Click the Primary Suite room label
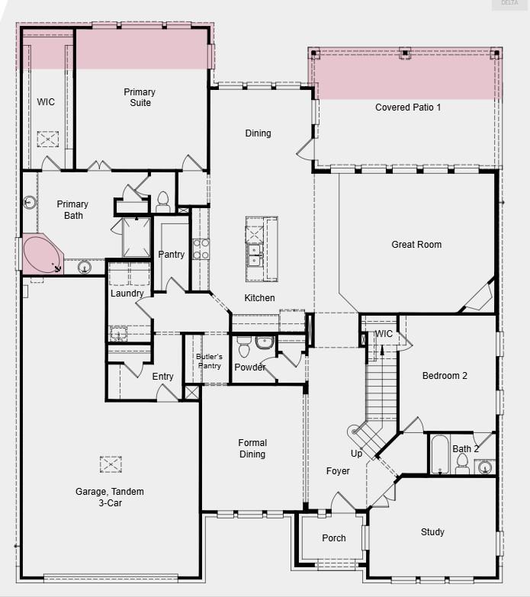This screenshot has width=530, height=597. click(x=140, y=98)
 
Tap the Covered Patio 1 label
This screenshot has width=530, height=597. click(x=408, y=108)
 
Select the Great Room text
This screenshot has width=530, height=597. click(x=416, y=245)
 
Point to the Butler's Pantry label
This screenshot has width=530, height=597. click(x=209, y=361)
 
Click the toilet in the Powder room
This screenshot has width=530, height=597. click(x=245, y=348)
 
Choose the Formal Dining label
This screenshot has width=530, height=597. click(x=252, y=448)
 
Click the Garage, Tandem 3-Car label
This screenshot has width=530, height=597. click(x=110, y=497)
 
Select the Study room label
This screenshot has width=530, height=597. click(x=432, y=532)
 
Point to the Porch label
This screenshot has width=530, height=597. click(x=334, y=538)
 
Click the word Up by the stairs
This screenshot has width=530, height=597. click(x=357, y=454)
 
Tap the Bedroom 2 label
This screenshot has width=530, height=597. click(x=445, y=376)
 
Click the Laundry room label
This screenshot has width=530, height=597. click(x=127, y=294)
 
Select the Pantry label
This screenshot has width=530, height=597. click(x=171, y=255)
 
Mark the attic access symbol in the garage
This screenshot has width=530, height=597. click(x=111, y=464)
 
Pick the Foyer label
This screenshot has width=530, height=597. click(x=338, y=471)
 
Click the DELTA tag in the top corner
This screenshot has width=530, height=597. click(x=509, y=3)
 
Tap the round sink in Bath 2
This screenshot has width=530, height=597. click(x=485, y=467)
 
